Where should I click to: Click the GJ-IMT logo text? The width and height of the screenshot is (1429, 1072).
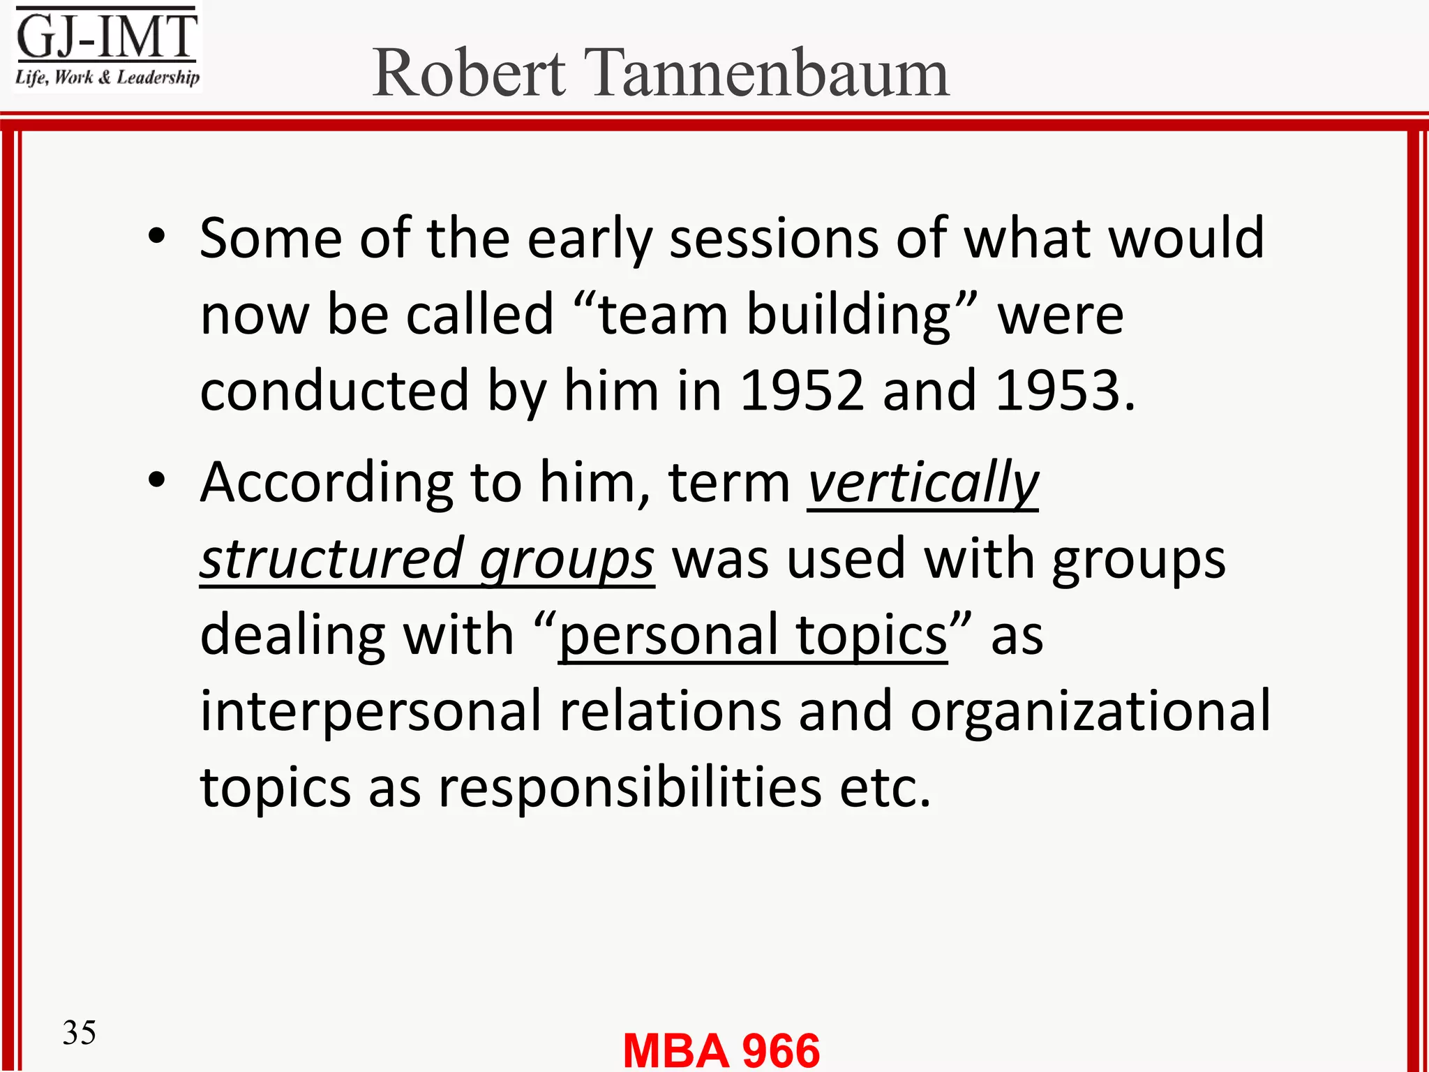pos(107,36)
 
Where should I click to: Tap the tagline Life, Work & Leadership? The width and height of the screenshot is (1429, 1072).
pos(107,77)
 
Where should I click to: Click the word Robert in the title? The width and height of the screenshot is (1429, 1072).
pos(469,73)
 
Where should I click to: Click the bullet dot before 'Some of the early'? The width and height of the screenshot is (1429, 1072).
pos(157,237)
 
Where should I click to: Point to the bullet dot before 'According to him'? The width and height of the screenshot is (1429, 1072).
pos(157,481)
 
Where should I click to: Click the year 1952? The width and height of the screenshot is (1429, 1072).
pos(802,391)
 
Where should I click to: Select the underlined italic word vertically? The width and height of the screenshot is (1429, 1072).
pos(923,482)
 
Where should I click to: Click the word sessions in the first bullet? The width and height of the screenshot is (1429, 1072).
pos(774,239)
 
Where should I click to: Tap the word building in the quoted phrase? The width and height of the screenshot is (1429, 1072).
pos(848,315)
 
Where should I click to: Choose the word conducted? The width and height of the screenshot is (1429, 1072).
pos(334,391)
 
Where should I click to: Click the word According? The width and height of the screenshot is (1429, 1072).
pos(327,482)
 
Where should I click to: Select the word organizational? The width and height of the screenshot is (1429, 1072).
pos(1090,711)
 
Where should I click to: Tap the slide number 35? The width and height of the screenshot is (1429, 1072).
pos(79,1032)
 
